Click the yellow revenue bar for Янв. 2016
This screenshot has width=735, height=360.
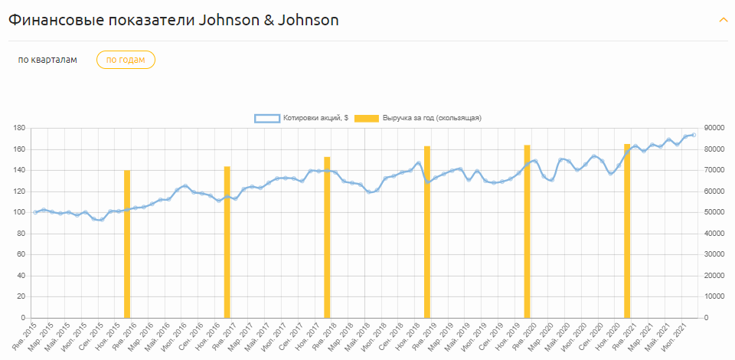pos(127,244)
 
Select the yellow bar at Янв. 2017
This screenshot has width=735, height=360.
pos(227,242)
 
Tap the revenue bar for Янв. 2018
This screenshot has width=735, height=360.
pos(327,237)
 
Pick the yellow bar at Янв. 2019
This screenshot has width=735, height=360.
pos(427,232)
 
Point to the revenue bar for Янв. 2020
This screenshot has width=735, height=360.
pos(527,231)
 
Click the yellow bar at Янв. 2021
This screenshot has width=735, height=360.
pos(627,231)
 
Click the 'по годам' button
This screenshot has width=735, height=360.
pos(126,60)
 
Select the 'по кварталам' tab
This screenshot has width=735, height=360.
pos(47,60)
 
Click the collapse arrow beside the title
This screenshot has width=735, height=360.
pos(723,20)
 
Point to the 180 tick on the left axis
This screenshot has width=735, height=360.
pos(19,128)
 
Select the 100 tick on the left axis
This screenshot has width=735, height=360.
pos(19,212)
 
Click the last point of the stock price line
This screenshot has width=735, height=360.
pos(694,135)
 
